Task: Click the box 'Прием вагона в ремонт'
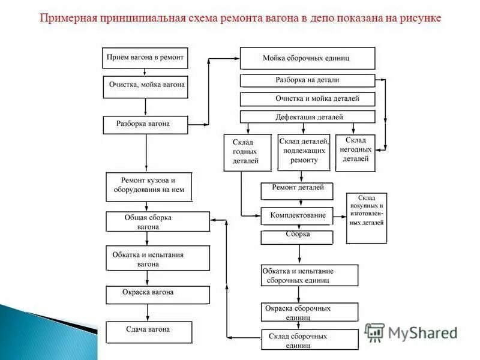click(x=145, y=58)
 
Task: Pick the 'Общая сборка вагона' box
click(x=157, y=221)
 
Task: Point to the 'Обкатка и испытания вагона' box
click(x=157, y=258)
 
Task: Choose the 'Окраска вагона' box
click(x=157, y=294)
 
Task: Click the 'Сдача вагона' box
click(x=149, y=331)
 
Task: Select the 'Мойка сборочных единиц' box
click(x=307, y=58)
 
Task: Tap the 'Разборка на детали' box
click(x=307, y=80)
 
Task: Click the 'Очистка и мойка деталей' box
click(x=307, y=98)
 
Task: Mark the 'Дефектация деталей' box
click(x=307, y=116)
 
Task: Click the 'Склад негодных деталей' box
click(x=355, y=152)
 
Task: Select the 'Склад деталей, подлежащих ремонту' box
click(x=304, y=152)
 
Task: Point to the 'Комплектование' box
click(x=296, y=215)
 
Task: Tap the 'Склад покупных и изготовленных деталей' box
click(x=367, y=218)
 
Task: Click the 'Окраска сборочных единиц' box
click(x=310, y=311)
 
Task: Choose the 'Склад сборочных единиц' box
click(x=310, y=340)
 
